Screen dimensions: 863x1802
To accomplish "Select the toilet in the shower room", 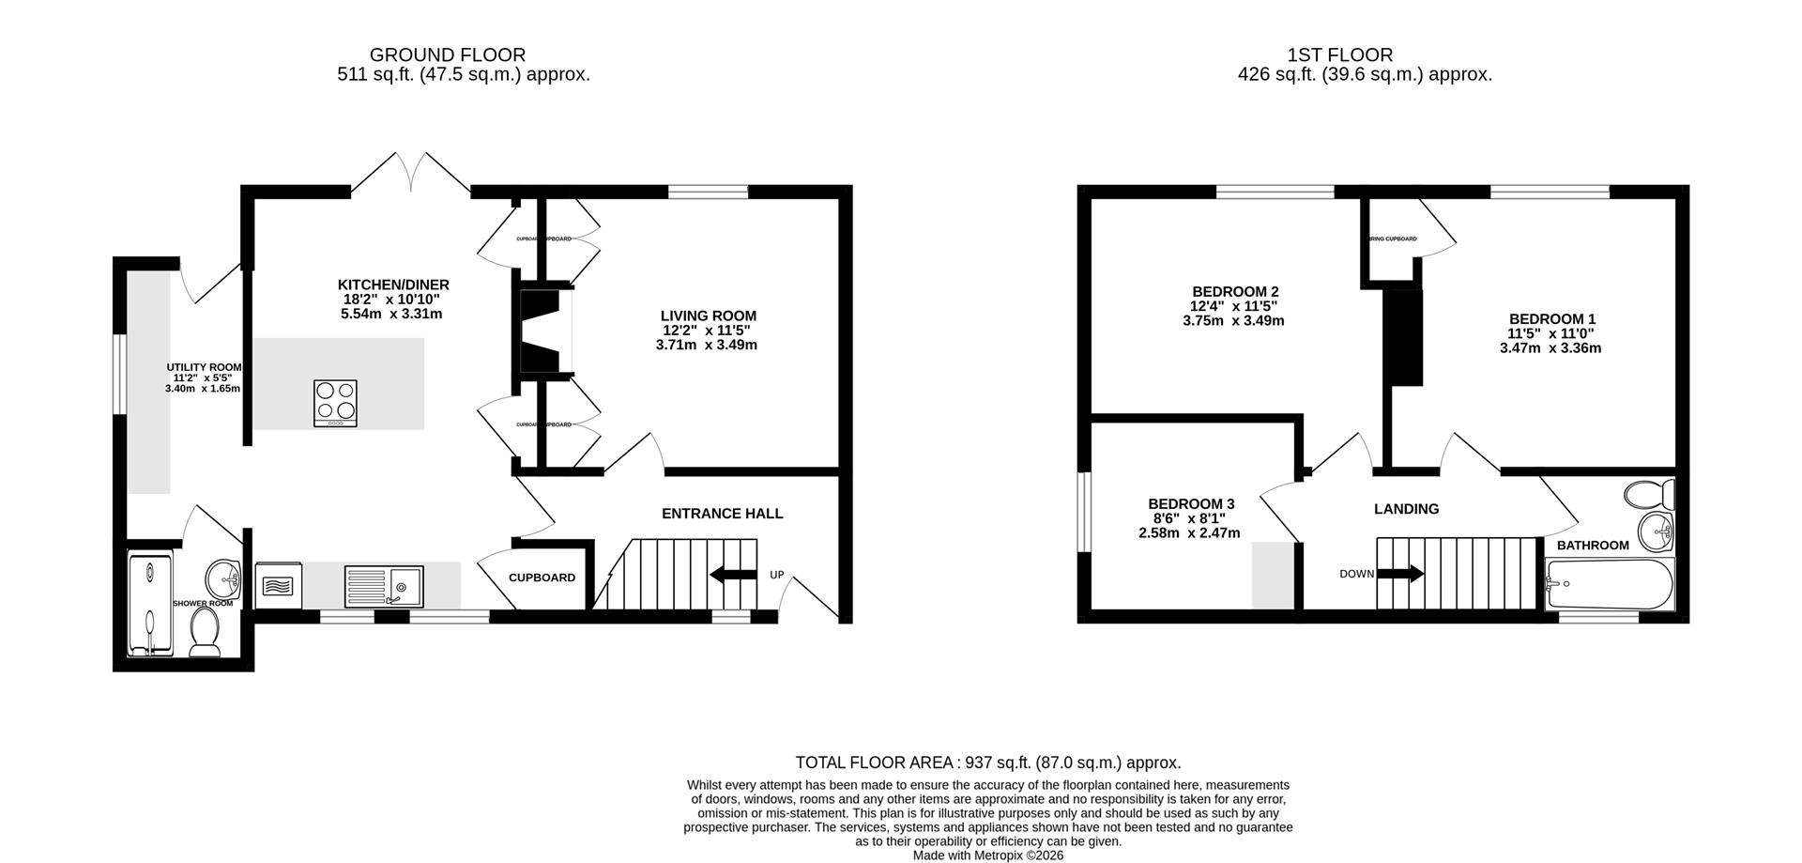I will coord(205,631).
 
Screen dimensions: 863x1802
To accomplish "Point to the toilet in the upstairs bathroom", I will coord(1650,493).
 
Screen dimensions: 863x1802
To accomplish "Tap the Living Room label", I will coord(708,316).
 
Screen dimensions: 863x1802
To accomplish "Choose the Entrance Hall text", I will coord(722,514).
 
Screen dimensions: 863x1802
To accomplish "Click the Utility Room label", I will coord(204,367).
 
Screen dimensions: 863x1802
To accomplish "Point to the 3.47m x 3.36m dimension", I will coord(1550,348).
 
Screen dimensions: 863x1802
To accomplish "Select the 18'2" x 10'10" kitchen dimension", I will coord(391,300).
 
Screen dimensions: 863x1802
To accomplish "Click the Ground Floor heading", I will coord(447,55).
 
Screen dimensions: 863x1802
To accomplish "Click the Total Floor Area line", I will coord(987,763).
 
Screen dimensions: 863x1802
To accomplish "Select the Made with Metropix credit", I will coord(987,855).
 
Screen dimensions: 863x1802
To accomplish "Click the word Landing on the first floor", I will coord(1406,509).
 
